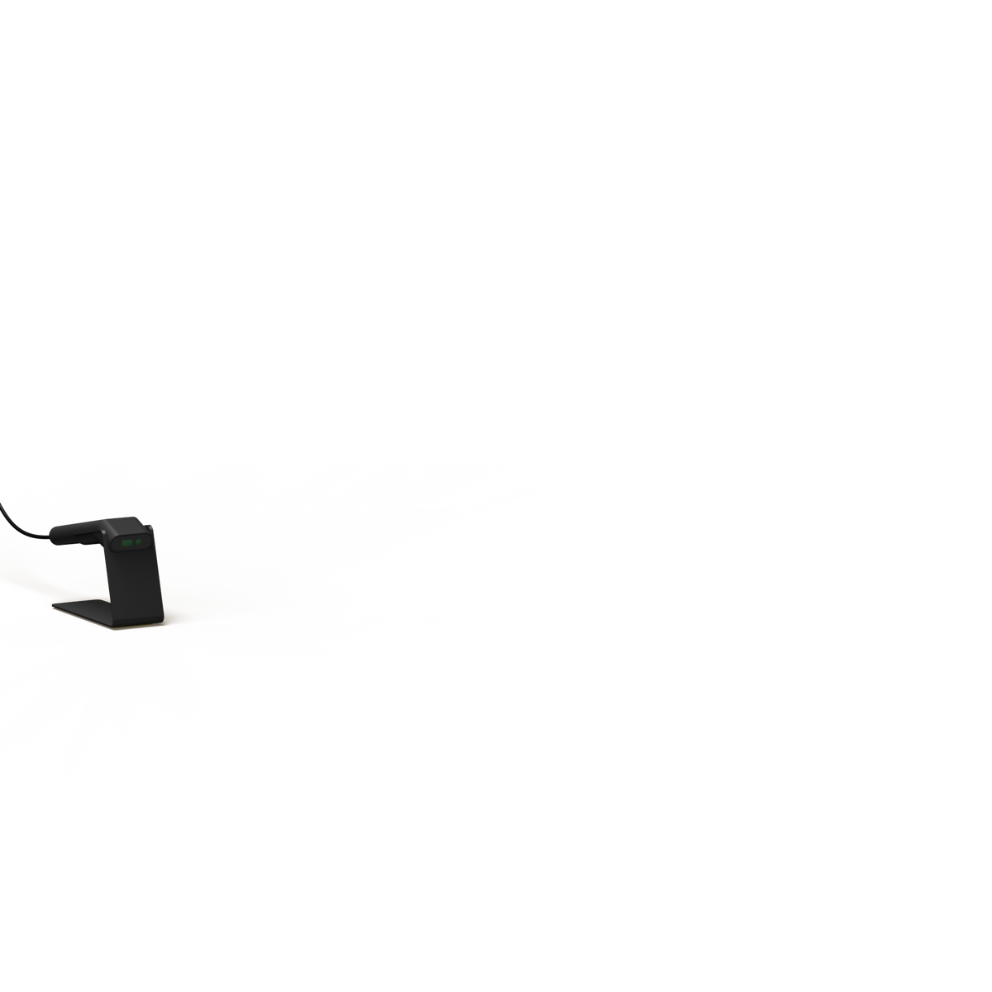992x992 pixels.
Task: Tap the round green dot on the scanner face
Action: [138, 542]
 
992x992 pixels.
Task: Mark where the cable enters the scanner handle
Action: [50, 537]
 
